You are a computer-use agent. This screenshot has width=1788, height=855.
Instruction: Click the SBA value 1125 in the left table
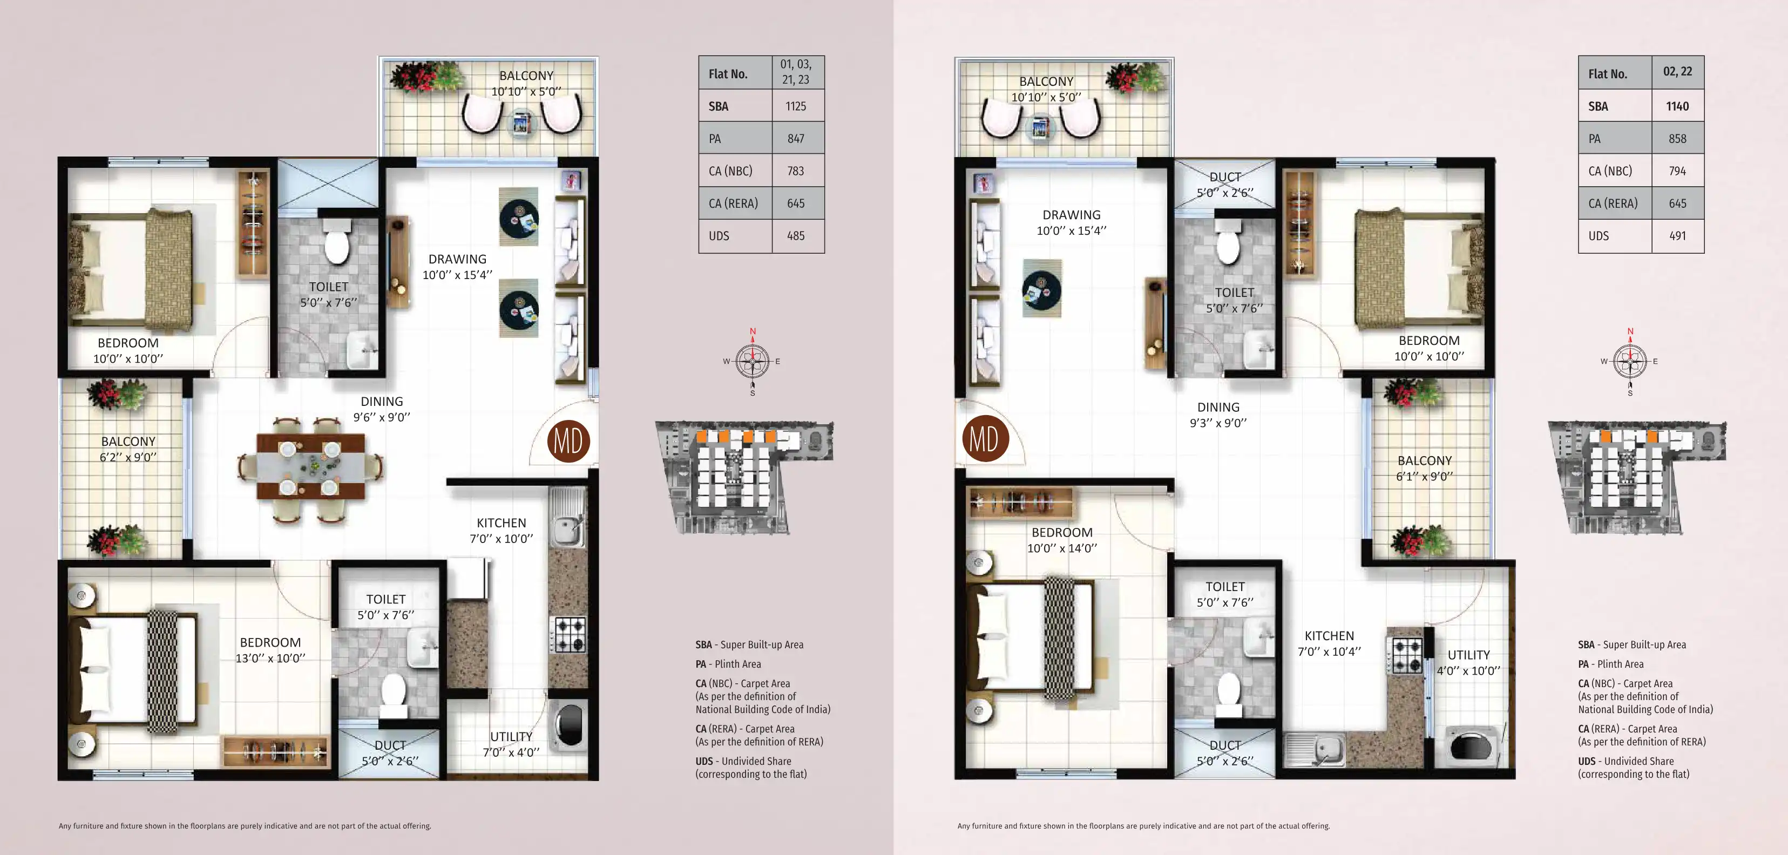(795, 106)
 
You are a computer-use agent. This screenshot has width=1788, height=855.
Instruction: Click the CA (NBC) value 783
(795, 171)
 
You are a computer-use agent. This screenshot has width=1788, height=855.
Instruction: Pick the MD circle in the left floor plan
(568, 442)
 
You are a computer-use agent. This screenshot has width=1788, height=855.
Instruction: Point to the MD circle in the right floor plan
(984, 439)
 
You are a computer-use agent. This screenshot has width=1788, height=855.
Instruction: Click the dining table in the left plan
(310, 466)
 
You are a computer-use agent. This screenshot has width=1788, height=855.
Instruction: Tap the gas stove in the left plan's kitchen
(569, 634)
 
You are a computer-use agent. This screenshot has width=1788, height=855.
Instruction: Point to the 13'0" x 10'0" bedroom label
(270, 650)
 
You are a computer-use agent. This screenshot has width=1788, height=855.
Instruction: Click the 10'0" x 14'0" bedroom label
(1062, 540)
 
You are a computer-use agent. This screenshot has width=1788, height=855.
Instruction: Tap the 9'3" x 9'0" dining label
(1218, 415)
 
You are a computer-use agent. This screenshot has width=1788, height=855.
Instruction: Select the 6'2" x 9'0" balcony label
(128, 449)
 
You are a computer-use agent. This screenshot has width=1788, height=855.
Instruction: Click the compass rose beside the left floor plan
(753, 362)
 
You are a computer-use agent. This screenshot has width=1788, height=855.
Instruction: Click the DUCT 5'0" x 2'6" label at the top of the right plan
(1225, 185)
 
